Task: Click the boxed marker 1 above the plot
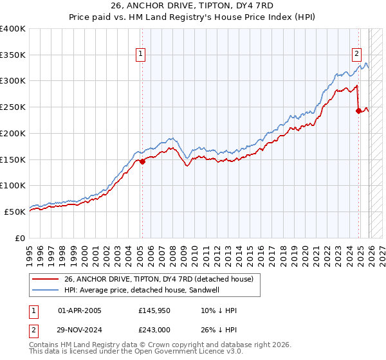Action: coord(140,55)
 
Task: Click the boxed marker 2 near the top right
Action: coord(356,55)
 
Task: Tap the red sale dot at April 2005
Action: coord(142,162)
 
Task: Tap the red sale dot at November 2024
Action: coord(359,111)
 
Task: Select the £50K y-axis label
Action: coord(15,212)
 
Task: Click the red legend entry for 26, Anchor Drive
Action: coord(158,278)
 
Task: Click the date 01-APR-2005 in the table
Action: coord(80,310)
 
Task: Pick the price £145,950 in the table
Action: coord(154,310)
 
